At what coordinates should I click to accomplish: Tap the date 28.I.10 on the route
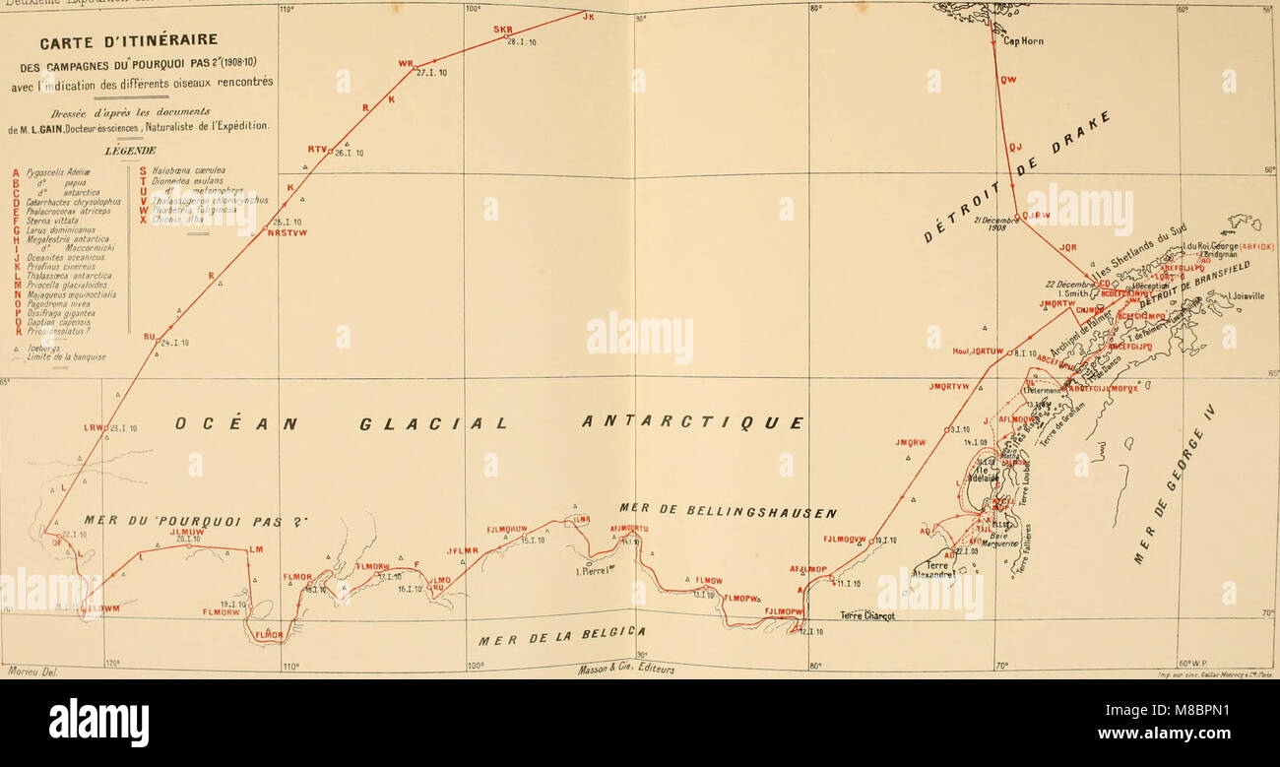tap(521, 42)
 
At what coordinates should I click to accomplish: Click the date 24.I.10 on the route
tap(174, 343)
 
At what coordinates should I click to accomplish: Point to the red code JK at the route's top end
tap(589, 17)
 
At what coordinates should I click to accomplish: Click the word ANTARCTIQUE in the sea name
tap(691, 422)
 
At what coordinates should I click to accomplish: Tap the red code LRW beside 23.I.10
tap(94, 427)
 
